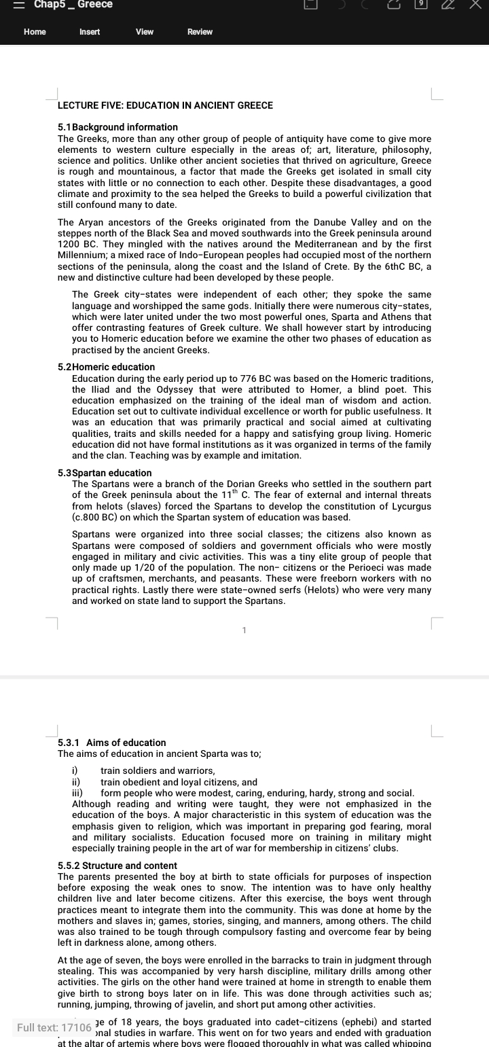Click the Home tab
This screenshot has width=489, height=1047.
(35, 32)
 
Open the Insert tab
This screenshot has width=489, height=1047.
(90, 32)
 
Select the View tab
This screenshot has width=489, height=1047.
(145, 32)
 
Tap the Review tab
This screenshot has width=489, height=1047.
(200, 32)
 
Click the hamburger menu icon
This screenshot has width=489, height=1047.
(20, 5)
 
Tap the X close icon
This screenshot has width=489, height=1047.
(475, 5)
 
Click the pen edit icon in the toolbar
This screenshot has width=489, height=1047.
(448, 5)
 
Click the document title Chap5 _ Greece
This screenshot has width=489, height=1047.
(73, 5)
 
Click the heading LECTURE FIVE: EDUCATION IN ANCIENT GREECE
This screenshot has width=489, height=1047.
(165, 105)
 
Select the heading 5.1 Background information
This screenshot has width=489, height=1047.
(118, 127)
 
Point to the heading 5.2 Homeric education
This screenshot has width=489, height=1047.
(107, 367)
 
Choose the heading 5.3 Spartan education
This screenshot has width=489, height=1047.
(105, 473)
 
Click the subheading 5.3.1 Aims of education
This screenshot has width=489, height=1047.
(112, 743)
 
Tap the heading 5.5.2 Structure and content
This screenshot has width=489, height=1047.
(117, 866)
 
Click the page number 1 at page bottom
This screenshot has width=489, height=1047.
(244, 631)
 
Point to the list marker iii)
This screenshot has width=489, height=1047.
(77, 793)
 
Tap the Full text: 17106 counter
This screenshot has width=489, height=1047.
(54, 1027)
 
